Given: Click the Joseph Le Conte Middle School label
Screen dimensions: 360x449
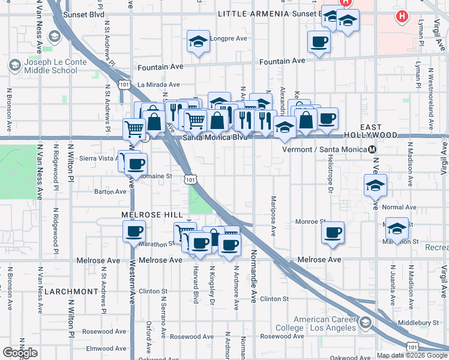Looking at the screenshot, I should (50, 66).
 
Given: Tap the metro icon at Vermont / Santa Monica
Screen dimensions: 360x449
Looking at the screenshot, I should (373, 149).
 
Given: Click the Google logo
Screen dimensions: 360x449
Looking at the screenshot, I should (20, 353).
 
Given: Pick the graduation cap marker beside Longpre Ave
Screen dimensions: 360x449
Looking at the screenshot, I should (199, 42).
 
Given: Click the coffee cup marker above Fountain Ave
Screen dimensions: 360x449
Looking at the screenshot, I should (319, 42).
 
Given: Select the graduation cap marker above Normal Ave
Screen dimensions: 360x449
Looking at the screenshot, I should (375, 185).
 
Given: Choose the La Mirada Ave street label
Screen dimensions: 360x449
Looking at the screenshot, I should (158, 85).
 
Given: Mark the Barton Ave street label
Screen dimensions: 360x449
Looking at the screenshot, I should (110, 192).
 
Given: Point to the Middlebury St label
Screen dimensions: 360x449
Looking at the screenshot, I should (418, 323).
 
